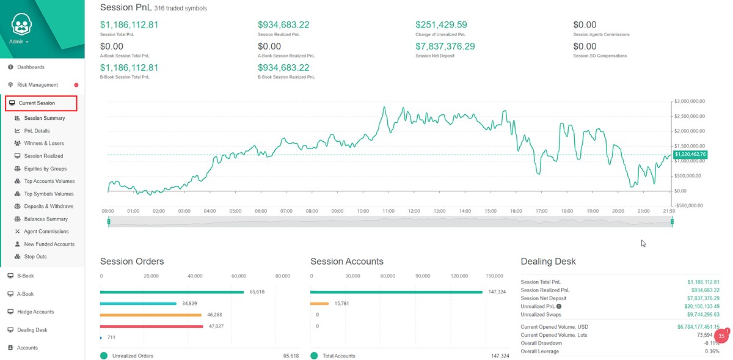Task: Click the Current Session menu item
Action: click(x=37, y=103)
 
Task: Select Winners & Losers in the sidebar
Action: click(x=43, y=143)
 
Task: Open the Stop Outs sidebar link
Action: click(x=35, y=257)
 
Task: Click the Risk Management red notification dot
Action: click(x=76, y=85)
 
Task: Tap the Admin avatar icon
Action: click(x=23, y=24)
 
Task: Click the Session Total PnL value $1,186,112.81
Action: click(x=129, y=25)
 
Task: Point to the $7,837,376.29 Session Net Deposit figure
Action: click(x=445, y=46)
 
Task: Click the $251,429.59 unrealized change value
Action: click(x=441, y=25)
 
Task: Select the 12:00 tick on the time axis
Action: click(x=414, y=211)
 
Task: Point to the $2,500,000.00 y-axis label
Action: click(x=690, y=116)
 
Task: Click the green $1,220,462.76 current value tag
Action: click(x=690, y=155)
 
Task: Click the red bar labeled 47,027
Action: click(x=151, y=326)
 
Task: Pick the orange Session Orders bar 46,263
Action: click(x=150, y=315)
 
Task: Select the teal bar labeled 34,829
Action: click(x=139, y=303)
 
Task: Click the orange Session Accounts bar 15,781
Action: click(x=319, y=303)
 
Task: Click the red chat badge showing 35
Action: click(x=722, y=336)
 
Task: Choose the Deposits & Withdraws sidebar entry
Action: click(x=48, y=207)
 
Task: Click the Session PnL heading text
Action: click(x=125, y=7)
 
